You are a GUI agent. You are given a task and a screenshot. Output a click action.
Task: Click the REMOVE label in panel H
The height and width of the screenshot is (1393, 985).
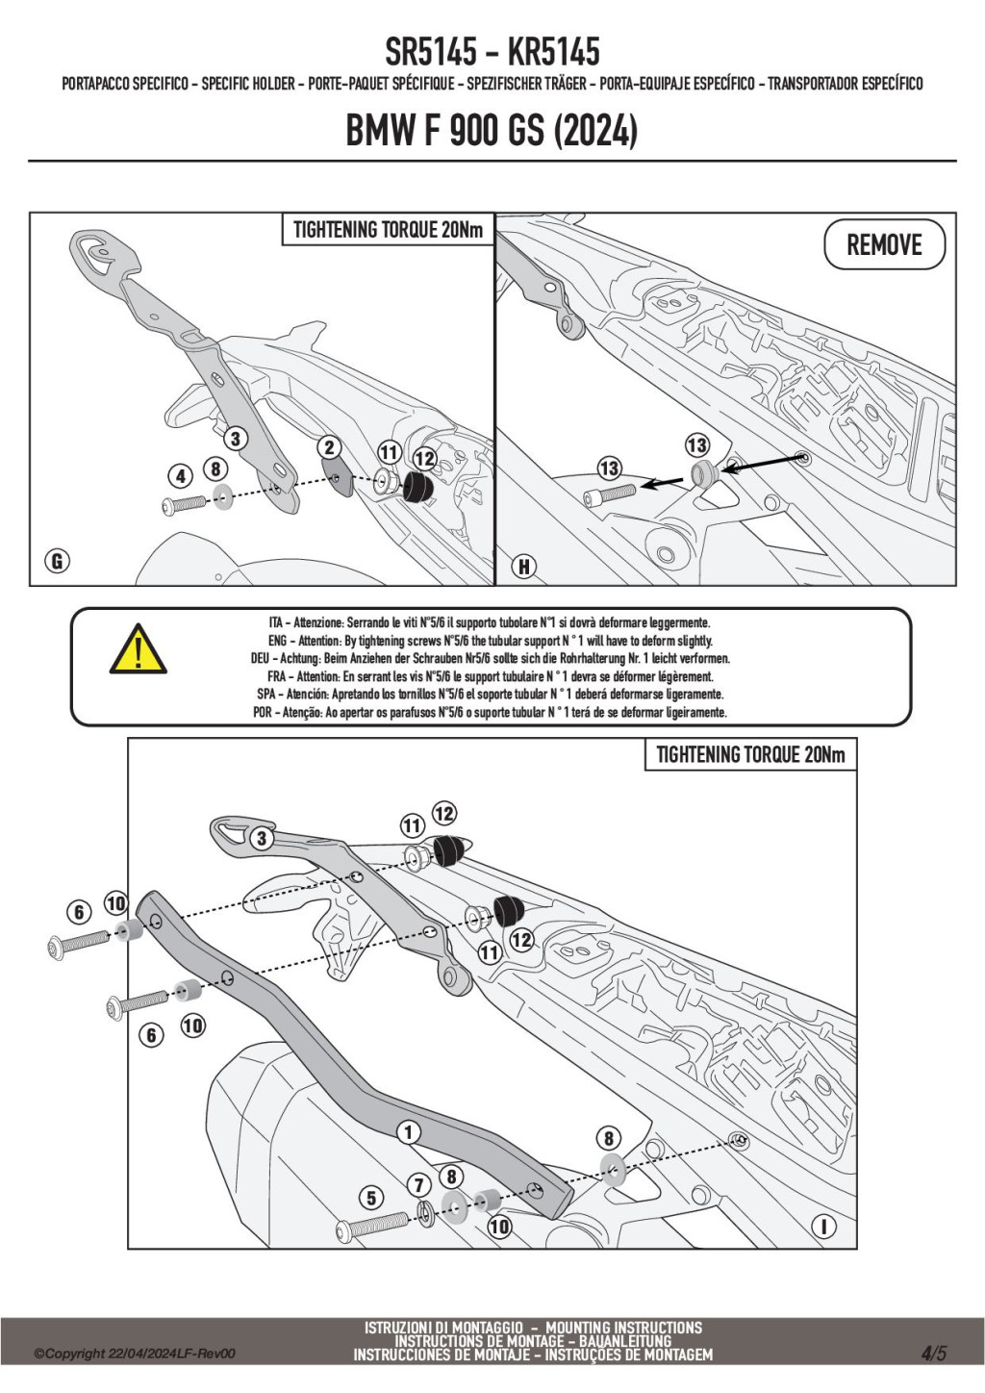(x=884, y=244)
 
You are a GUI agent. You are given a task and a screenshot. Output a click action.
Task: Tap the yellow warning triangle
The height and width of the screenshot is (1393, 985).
(x=138, y=649)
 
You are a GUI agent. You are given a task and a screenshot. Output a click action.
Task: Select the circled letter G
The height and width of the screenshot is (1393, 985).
(x=57, y=561)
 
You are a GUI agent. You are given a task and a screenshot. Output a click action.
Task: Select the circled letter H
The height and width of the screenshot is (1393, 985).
(x=523, y=566)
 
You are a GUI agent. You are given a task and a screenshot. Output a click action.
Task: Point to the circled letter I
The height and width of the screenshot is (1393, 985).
(x=823, y=1227)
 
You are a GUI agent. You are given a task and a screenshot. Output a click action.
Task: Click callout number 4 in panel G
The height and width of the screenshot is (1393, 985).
(x=180, y=475)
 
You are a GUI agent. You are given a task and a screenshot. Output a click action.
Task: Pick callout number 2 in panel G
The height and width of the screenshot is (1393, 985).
(x=329, y=447)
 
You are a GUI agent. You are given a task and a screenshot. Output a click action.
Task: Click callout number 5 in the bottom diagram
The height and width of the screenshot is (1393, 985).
(x=371, y=1198)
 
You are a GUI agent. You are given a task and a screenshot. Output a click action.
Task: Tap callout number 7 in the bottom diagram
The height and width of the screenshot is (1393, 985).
(x=418, y=1185)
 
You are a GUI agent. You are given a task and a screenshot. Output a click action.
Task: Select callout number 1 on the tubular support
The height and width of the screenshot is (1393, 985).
(x=409, y=1132)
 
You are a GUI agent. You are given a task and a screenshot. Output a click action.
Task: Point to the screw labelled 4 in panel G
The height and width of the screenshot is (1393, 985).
(x=185, y=504)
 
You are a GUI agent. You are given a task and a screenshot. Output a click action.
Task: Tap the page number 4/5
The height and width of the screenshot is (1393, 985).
(x=933, y=1354)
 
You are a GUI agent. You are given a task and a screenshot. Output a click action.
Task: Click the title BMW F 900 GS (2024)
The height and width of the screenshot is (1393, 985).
(x=492, y=130)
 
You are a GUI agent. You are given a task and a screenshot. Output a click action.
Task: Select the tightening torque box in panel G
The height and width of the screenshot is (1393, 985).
(x=388, y=230)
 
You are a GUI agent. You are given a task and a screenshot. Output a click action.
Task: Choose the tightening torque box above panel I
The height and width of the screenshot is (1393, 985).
(x=750, y=755)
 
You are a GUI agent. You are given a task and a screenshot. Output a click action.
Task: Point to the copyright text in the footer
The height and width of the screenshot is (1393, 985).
(x=135, y=1354)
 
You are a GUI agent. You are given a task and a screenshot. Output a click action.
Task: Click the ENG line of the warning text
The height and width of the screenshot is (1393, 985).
(x=491, y=641)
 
